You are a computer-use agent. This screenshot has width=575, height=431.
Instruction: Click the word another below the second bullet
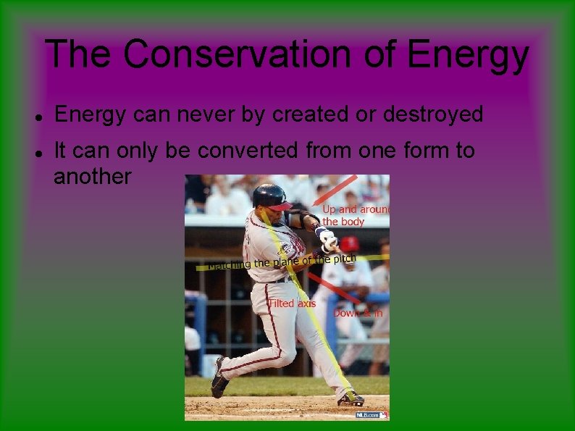(93, 176)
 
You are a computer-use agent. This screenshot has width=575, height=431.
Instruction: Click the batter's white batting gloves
(327, 239)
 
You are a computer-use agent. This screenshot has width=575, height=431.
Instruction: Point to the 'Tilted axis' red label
(293, 304)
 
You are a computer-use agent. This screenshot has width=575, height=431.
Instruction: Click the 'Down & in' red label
(357, 313)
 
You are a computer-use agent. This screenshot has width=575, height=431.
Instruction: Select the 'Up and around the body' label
(354, 215)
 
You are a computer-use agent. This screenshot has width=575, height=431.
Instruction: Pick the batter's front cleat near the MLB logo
(351, 398)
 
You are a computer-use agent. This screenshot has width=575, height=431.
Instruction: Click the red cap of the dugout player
(351, 243)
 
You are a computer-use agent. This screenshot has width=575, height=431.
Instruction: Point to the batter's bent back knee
(286, 354)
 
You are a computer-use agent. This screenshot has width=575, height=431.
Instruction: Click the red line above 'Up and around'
(335, 190)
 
